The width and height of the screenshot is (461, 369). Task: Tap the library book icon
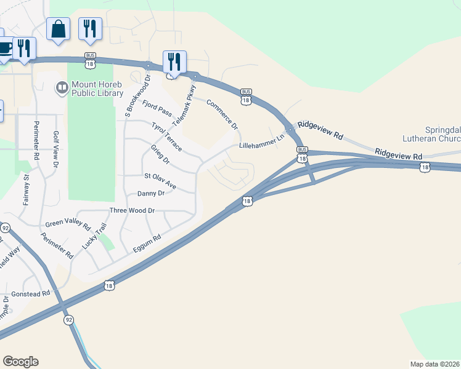point(62,89)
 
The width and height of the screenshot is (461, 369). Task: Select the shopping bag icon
point(58,29)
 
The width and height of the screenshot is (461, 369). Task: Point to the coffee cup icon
point(3,49)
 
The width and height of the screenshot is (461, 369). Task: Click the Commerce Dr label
point(222,114)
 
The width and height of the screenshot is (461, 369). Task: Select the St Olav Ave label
point(160,180)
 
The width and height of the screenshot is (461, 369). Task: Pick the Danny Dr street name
point(151,193)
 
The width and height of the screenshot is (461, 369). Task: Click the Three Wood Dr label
point(131,210)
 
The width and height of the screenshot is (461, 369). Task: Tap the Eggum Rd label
point(147,244)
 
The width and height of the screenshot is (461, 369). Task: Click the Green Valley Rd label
point(68,223)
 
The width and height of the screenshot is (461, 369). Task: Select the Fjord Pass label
point(157,109)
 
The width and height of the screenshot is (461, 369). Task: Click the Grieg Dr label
point(160,155)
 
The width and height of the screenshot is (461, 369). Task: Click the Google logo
point(20,362)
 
